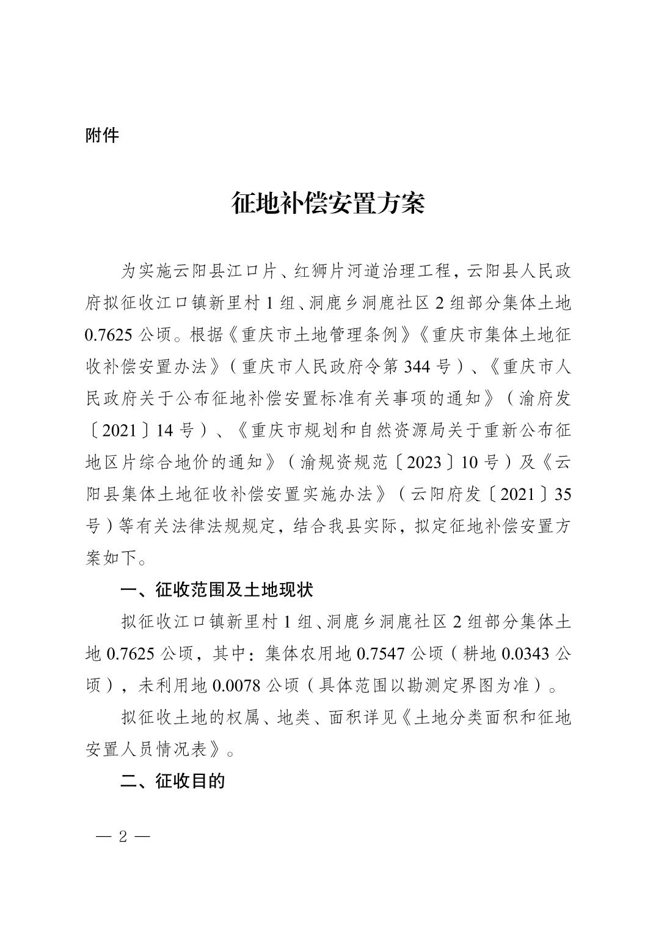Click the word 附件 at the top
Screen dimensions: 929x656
tap(102, 135)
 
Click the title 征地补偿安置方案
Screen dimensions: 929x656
tap(327, 204)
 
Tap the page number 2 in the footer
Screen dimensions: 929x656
tap(123, 837)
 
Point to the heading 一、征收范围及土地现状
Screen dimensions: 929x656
tap(217, 590)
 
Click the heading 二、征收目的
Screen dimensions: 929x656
tap(173, 781)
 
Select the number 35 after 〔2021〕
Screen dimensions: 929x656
tap(563, 494)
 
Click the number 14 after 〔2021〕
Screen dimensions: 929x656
tap(166, 430)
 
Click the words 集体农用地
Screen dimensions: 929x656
tap(308, 654)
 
